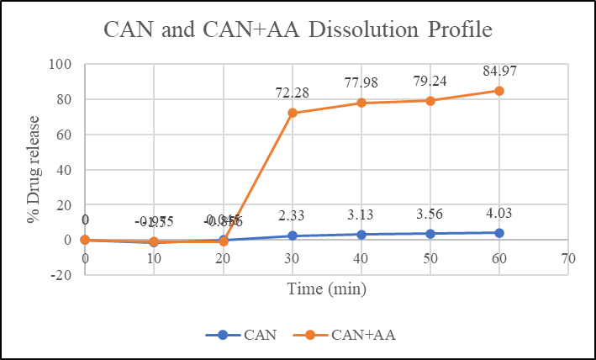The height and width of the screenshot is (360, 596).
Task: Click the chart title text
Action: (x=297, y=32)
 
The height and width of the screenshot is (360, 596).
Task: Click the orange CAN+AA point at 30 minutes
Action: (x=293, y=113)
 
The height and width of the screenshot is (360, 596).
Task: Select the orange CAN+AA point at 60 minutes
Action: (x=498, y=91)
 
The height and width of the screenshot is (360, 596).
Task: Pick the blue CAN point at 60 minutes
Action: (x=498, y=232)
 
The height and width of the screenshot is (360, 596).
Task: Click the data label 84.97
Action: (x=498, y=71)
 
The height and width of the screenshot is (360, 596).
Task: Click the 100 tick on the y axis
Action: (x=61, y=65)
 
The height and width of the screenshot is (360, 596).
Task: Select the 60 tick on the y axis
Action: (x=65, y=135)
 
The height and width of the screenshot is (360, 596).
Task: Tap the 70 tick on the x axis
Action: (x=567, y=258)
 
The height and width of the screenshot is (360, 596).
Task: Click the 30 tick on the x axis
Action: (x=293, y=258)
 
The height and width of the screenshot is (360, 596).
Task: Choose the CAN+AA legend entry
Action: (x=346, y=334)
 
